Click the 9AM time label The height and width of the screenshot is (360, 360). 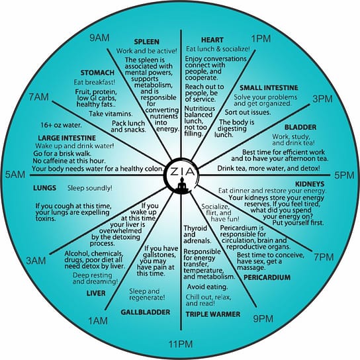[99, 38]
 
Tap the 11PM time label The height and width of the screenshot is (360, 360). [181, 344]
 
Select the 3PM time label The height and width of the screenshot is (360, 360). [322, 99]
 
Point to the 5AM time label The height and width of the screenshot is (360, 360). [15, 175]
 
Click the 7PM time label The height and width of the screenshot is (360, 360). [324, 257]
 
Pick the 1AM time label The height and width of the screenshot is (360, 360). [98, 321]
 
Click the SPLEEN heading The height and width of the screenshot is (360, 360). [146, 42]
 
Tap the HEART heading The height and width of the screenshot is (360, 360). [212, 40]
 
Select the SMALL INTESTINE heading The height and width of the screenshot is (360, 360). [269, 88]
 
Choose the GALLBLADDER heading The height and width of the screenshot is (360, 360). [146, 312]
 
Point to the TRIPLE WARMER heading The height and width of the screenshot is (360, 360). [213, 314]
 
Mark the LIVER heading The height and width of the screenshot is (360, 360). [96, 293]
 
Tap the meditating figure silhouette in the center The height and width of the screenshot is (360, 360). [182, 184]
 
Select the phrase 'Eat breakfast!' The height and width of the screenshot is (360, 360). [95, 82]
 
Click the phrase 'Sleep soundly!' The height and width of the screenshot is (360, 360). [90, 188]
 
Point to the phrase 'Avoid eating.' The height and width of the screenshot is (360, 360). [207, 287]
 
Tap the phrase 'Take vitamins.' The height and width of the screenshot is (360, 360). [111, 114]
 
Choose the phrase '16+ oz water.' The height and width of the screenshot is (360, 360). [61, 125]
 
